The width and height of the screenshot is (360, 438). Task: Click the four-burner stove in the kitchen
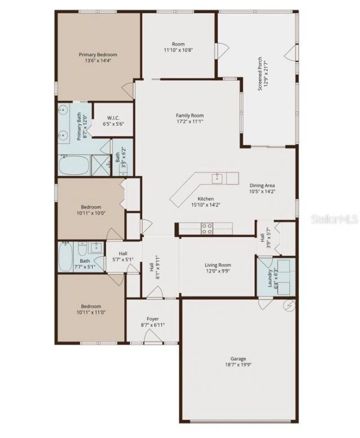206,228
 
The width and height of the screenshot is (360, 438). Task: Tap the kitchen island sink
218,179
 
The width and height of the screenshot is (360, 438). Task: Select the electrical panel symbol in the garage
290,306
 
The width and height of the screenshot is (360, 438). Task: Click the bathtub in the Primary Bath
75,166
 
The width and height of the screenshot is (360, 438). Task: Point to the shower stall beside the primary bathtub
101,166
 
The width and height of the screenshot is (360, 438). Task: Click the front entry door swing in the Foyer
152,336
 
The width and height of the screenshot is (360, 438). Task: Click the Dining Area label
262,185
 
